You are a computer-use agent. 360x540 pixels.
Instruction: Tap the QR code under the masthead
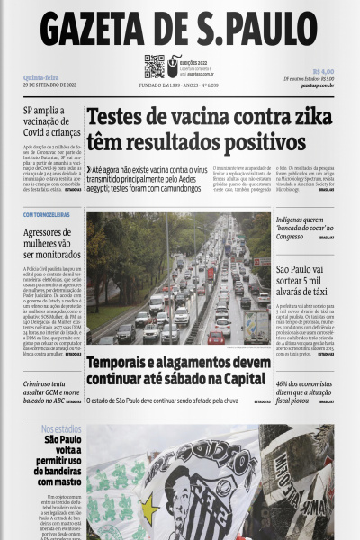[x=154, y=67]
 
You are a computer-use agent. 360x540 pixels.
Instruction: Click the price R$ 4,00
[x=322, y=71]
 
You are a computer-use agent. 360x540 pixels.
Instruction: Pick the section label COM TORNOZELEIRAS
[x=48, y=214]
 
